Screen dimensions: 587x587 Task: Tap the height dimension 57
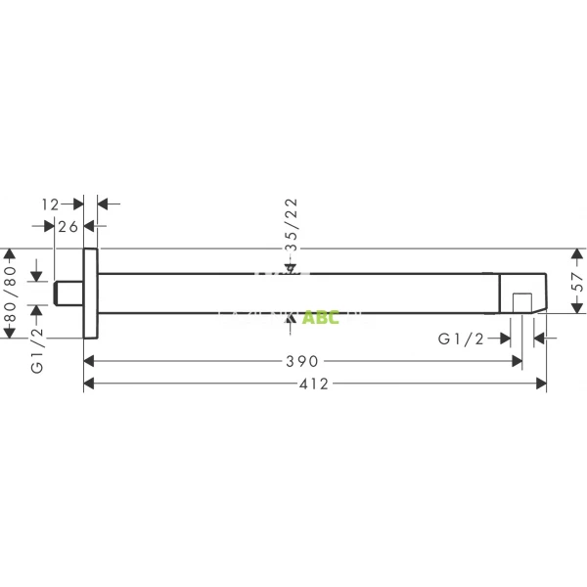577,291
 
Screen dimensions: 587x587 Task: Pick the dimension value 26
68,227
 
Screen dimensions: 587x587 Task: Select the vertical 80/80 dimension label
12,293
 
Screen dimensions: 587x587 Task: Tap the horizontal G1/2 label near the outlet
461,339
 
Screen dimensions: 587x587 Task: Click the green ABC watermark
320,317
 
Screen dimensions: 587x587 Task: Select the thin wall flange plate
90,293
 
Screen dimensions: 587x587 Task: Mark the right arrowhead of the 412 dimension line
541,385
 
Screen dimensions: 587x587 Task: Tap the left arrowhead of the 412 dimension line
90,385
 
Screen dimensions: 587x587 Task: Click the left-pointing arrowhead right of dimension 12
102,203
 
